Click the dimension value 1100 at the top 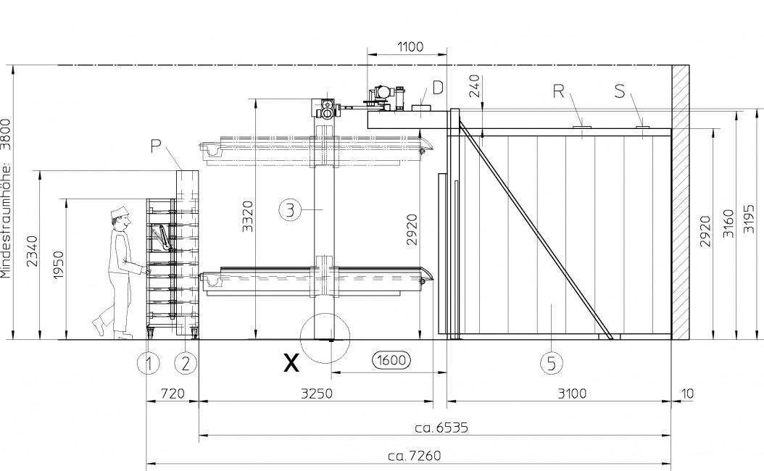pos(410,47)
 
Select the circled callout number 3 pos(291,210)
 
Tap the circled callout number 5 pos(552,363)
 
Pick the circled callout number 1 pos(149,363)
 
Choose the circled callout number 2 pos(185,363)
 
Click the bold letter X pos(291,363)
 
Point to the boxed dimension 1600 pos(391,360)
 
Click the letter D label pos(438,88)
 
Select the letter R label pos(558,91)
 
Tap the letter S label pos(619,91)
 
